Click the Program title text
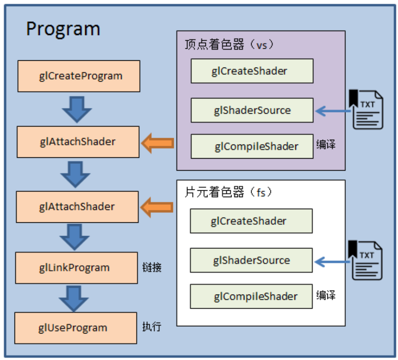(x=63, y=29)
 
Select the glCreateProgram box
(x=79, y=76)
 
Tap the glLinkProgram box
(x=77, y=268)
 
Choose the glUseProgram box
(x=76, y=328)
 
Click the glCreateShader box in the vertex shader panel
(x=252, y=71)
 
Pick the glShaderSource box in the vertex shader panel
(x=252, y=110)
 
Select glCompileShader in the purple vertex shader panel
(x=252, y=146)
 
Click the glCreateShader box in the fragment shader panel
(x=251, y=221)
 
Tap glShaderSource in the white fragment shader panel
(x=251, y=260)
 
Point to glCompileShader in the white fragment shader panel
(x=251, y=296)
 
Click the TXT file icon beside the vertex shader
(x=367, y=110)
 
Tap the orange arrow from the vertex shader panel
(x=157, y=143)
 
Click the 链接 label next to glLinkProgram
(x=152, y=268)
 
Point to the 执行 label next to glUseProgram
(x=152, y=327)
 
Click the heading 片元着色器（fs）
(x=228, y=192)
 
